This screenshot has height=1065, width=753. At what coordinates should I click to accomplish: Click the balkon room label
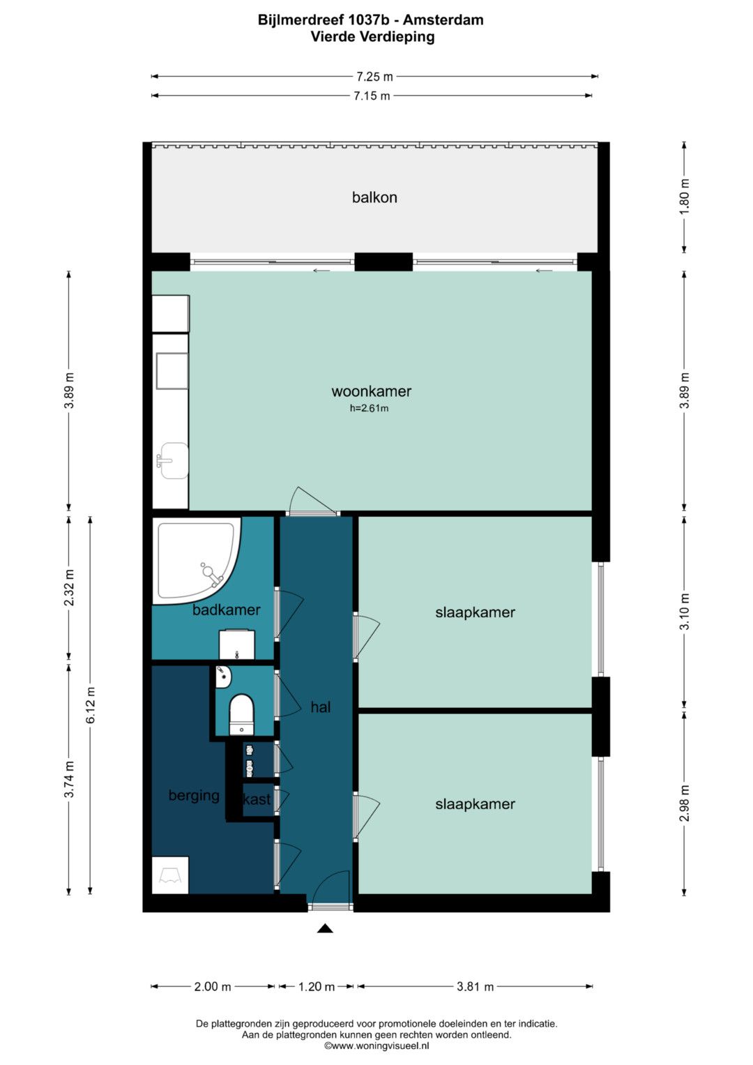pos(374,197)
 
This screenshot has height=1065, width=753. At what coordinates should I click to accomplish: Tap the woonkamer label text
pos(371,391)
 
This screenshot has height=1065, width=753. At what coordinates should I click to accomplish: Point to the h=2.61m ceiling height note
pos(370,408)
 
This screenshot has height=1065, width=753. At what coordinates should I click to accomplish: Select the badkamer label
pos(227,610)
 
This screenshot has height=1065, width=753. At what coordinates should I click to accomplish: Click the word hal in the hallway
pos(321,707)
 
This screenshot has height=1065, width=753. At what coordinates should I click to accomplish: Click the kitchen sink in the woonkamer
pos(173,460)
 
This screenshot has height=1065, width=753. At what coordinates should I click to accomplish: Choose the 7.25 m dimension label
pos(374,76)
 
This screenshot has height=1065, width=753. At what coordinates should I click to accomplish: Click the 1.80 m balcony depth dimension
pos(684,197)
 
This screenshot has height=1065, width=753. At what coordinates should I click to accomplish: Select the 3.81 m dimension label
pos(475,987)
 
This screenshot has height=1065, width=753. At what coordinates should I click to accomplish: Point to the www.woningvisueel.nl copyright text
pos(376,1045)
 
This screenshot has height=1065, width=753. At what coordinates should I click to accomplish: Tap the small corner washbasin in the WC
pos(222,677)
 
